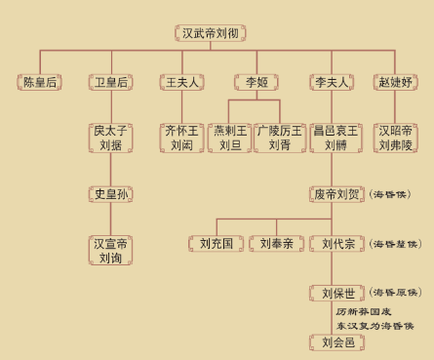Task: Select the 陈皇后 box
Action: tap(39, 82)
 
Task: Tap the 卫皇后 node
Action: tap(109, 82)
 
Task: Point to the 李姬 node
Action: tap(255, 82)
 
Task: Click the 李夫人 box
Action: tap(328, 82)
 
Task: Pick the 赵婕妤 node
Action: tap(398, 82)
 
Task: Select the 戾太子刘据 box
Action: tap(110, 138)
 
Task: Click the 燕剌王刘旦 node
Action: tap(230, 138)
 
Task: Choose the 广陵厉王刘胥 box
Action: tap(279, 138)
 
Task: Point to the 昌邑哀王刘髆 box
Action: tap(329, 138)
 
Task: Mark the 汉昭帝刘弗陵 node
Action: tap(399, 138)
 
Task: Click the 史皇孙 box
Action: tap(110, 192)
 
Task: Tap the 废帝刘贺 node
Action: tap(335, 193)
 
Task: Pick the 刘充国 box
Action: tap(216, 242)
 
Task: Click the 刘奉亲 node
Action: tap(276, 242)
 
